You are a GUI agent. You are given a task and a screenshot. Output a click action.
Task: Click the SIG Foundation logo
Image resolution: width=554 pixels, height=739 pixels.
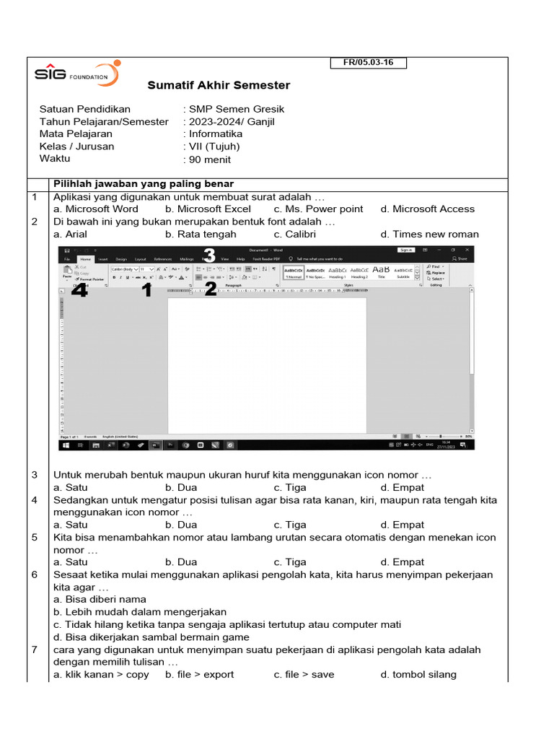[x=76, y=74]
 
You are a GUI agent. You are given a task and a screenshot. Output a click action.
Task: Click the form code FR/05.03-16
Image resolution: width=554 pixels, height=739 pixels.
[x=369, y=63]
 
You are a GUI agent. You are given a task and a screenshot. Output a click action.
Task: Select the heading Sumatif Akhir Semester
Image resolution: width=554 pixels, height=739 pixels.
[x=219, y=85]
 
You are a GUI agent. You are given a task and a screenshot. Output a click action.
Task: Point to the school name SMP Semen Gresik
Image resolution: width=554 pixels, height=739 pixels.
[x=237, y=109]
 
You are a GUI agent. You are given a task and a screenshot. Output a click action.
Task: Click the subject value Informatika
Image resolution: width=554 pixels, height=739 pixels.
[x=216, y=134]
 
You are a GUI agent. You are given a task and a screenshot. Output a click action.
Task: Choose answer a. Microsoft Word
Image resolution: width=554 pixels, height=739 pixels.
[x=96, y=209]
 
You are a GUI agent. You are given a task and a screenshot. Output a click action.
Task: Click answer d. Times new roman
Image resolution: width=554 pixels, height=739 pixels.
[x=429, y=234]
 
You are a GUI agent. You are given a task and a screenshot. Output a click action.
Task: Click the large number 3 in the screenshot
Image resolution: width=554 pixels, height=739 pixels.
[x=209, y=255]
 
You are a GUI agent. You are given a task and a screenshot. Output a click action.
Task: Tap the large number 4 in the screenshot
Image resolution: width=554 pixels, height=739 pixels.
[x=79, y=290]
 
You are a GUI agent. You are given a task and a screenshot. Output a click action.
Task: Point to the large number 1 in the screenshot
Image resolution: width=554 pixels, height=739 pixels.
[x=146, y=290]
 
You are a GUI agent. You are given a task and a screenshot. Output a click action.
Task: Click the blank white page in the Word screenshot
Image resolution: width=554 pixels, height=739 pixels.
[x=267, y=364]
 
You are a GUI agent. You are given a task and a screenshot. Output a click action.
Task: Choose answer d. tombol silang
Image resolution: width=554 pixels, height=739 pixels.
[x=418, y=674]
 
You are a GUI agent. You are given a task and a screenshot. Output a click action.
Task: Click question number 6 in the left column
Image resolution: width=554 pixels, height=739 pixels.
[x=34, y=574]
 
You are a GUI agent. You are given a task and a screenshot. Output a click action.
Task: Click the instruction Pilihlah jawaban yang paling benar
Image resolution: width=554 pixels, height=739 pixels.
[x=144, y=183]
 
